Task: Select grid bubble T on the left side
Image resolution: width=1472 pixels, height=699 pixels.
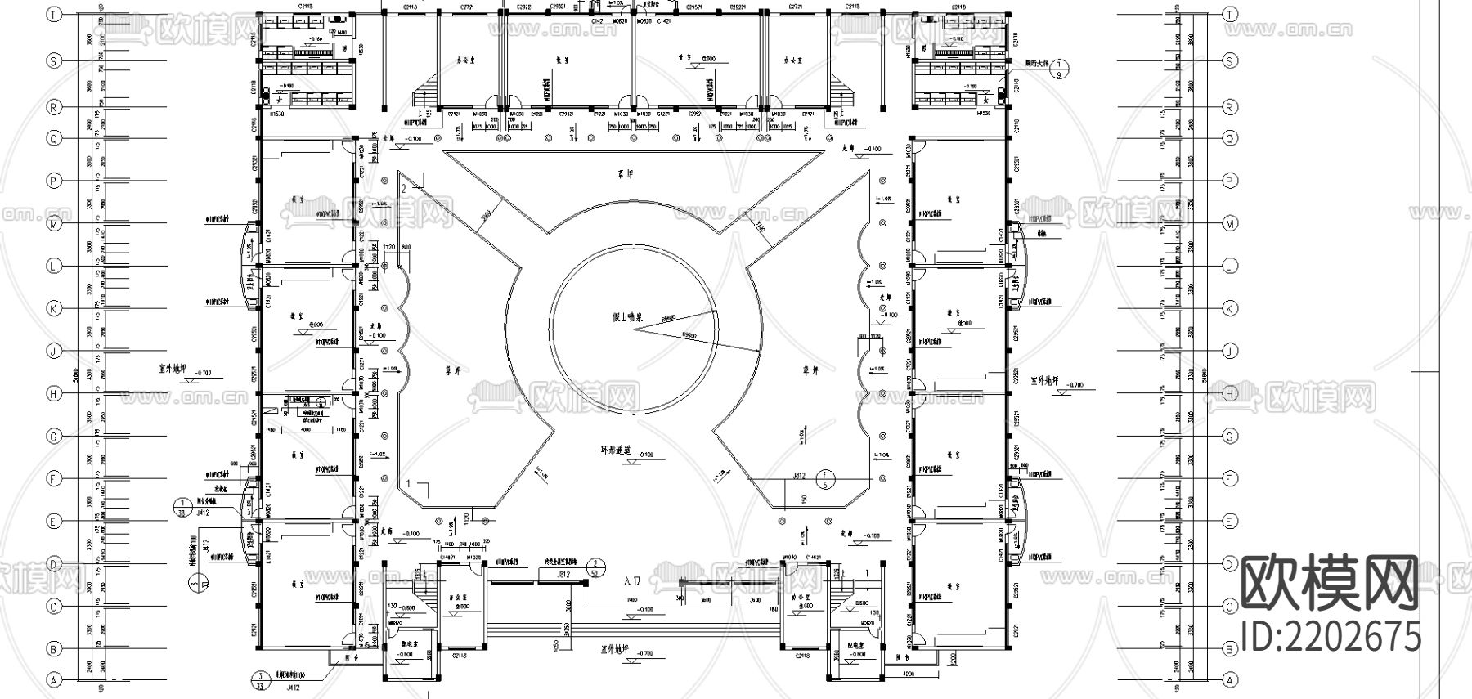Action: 54,15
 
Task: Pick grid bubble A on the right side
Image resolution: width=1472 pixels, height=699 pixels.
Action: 1229,680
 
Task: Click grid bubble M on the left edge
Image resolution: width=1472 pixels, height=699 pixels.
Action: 54,223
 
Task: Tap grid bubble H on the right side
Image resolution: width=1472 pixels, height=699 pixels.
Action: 1229,393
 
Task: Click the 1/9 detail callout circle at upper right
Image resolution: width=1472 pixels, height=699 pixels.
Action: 1059,69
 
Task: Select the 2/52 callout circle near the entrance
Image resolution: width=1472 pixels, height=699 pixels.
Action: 598,568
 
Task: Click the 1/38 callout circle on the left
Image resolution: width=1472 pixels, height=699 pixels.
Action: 181,507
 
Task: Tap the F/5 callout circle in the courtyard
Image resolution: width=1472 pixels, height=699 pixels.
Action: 825,479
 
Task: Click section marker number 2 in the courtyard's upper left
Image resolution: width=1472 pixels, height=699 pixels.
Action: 404,188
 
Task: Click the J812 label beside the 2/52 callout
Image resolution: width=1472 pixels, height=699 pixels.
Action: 563,575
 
